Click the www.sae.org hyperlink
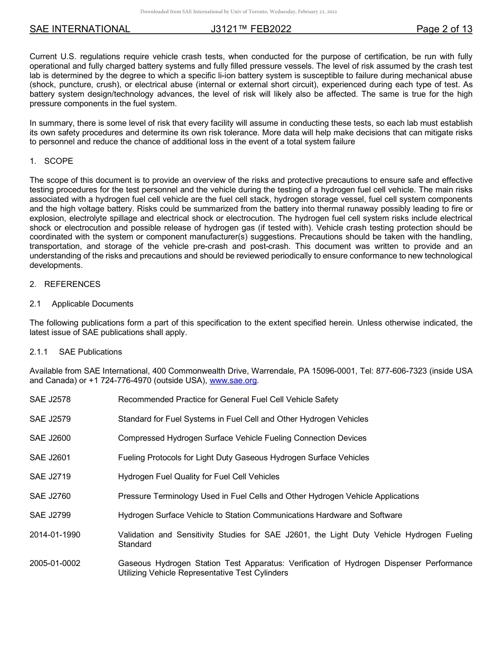pyautogui.click(x=234, y=380)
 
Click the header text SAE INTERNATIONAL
pyautogui.click(x=80, y=29)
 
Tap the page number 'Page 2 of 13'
pyautogui.click(x=444, y=29)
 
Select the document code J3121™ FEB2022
pyautogui.click(x=251, y=29)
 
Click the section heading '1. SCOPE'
pyautogui.click(x=51, y=161)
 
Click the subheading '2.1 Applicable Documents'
pyautogui.click(x=81, y=304)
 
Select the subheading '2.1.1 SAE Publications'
pyautogui.click(x=76, y=352)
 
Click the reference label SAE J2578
pyautogui.click(x=50, y=400)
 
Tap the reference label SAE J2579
pyautogui.click(x=50, y=419)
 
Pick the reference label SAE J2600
pyautogui.click(x=50, y=438)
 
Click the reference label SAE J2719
pyautogui.click(x=50, y=477)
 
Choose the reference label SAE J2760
pyautogui.click(x=50, y=496)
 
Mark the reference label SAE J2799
pyautogui.click(x=50, y=515)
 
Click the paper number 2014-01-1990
pyautogui.click(x=55, y=535)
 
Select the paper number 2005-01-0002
pyautogui.click(x=55, y=563)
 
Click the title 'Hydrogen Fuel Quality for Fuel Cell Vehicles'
pyautogui.click(x=199, y=477)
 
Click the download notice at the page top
pyautogui.click(x=238, y=12)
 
